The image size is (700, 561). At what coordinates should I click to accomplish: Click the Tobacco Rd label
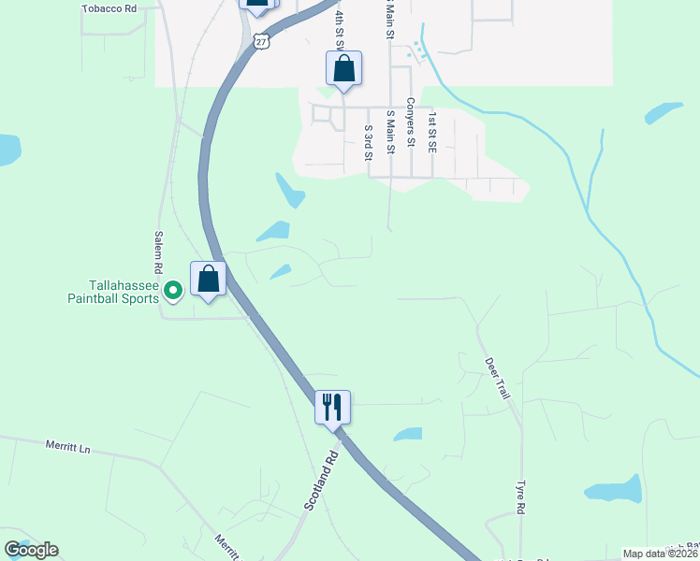coord(109,8)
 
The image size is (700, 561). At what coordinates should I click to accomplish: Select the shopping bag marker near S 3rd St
coord(343,68)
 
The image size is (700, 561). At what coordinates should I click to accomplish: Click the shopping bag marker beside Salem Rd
coord(208,279)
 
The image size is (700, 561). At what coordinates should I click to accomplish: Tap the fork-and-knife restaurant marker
coord(332,408)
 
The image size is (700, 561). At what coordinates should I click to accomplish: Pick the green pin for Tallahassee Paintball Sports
coord(172,292)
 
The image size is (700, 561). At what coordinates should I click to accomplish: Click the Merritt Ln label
coord(67,448)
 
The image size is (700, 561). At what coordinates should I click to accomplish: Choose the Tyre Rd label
coord(521,498)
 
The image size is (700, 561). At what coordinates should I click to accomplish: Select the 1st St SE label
coord(432,132)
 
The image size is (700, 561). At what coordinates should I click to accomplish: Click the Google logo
coord(31,550)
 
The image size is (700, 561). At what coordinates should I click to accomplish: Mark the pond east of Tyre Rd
coord(614,490)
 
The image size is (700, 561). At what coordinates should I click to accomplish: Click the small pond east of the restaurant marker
coord(408,434)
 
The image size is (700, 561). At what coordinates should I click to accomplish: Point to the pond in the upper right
coord(664,113)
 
